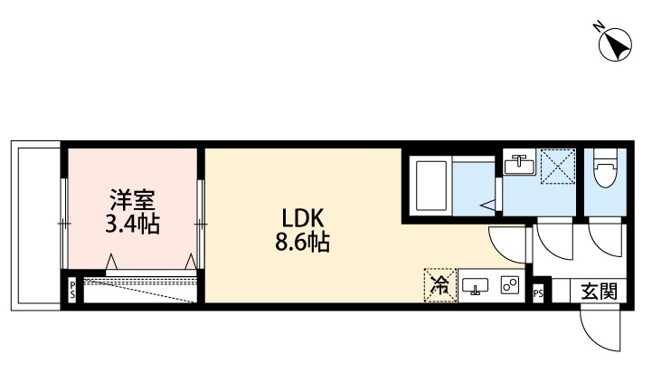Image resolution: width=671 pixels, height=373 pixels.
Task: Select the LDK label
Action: tap(297, 218)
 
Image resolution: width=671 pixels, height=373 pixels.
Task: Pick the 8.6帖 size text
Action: tap(298, 243)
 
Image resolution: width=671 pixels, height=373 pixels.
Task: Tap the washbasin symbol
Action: tap(521, 166)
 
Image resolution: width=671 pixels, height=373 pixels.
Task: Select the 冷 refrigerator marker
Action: tap(440, 286)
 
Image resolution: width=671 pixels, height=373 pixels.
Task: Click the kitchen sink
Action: tap(476, 287)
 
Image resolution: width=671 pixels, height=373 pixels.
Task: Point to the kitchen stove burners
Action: tap(509, 286)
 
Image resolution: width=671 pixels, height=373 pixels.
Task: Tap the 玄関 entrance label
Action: tap(599, 292)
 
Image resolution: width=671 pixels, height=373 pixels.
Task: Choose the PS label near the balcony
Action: tap(72, 291)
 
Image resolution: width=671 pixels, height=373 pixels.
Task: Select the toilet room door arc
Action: tap(604, 242)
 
